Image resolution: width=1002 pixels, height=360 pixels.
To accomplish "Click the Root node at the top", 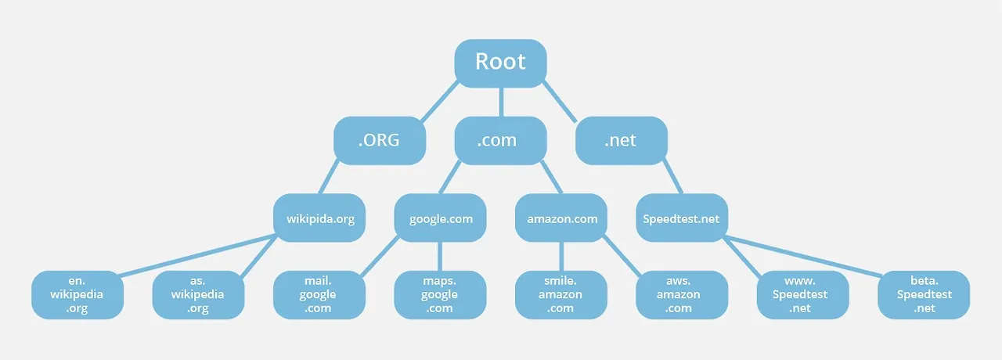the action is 500,63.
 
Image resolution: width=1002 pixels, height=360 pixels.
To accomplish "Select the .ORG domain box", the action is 380,140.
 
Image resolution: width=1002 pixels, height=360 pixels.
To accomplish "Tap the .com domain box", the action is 500,140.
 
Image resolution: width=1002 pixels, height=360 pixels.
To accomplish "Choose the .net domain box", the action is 622,140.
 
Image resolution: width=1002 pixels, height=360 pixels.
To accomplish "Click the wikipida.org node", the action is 319,218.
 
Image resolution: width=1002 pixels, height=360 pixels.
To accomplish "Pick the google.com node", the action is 440,218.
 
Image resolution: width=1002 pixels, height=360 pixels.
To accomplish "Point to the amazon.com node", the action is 561,218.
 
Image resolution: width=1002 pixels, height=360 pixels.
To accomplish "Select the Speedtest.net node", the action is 682,218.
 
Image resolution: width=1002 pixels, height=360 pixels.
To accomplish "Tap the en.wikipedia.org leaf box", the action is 77,295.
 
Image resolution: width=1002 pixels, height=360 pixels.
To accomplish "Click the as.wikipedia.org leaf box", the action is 198,295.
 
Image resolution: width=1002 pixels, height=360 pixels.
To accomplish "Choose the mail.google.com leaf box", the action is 319,295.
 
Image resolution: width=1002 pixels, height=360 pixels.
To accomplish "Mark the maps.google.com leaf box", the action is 440,295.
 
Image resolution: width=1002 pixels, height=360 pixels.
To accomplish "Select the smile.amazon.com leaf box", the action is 561,295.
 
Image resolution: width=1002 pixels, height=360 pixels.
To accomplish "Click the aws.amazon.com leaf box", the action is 682,295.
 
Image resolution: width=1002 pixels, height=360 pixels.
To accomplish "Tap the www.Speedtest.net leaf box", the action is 803,295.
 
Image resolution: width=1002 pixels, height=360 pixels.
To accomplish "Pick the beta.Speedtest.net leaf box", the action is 924,295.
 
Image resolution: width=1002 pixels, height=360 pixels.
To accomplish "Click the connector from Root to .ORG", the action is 440,101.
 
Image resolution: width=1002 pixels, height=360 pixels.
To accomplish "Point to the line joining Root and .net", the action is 559,102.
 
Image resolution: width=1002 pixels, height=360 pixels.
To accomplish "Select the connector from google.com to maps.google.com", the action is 440,256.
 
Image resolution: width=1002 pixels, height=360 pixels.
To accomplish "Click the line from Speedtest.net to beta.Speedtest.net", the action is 803,255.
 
